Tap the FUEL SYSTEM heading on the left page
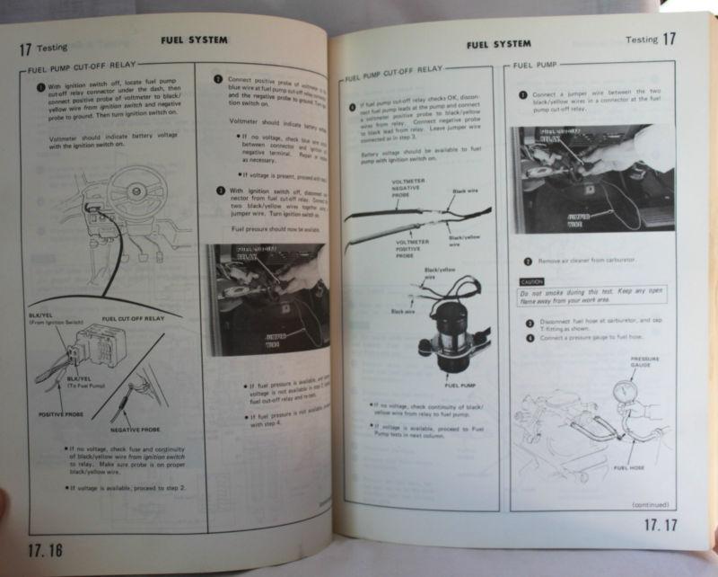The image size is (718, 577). [x=194, y=40]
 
